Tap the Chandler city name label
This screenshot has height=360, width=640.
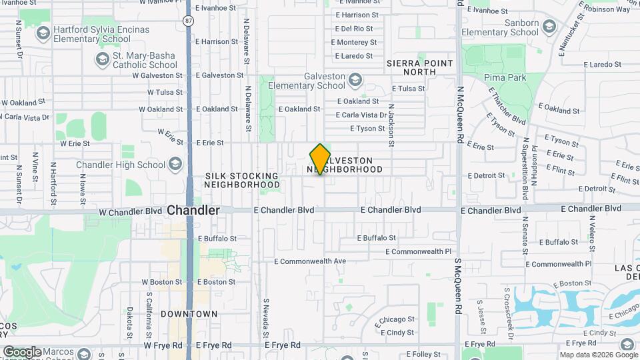click(x=193, y=210)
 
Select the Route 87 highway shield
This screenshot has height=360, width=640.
click(x=189, y=21)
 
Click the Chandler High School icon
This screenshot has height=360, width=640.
click(x=175, y=165)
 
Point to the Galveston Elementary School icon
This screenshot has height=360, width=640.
click(x=355, y=81)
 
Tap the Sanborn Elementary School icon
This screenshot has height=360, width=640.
click(x=549, y=27)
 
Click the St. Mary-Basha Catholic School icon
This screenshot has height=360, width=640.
click(x=103, y=60)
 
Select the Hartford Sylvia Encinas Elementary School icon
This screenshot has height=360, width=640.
click(x=44, y=33)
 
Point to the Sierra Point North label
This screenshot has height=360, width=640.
click(x=419, y=67)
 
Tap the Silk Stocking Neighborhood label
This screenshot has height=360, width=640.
click(x=242, y=180)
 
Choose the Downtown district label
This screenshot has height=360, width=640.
click(x=189, y=313)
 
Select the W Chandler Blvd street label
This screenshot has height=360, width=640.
click(x=130, y=211)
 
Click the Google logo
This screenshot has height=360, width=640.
click(x=23, y=352)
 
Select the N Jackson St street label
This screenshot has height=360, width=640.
click(x=391, y=120)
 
